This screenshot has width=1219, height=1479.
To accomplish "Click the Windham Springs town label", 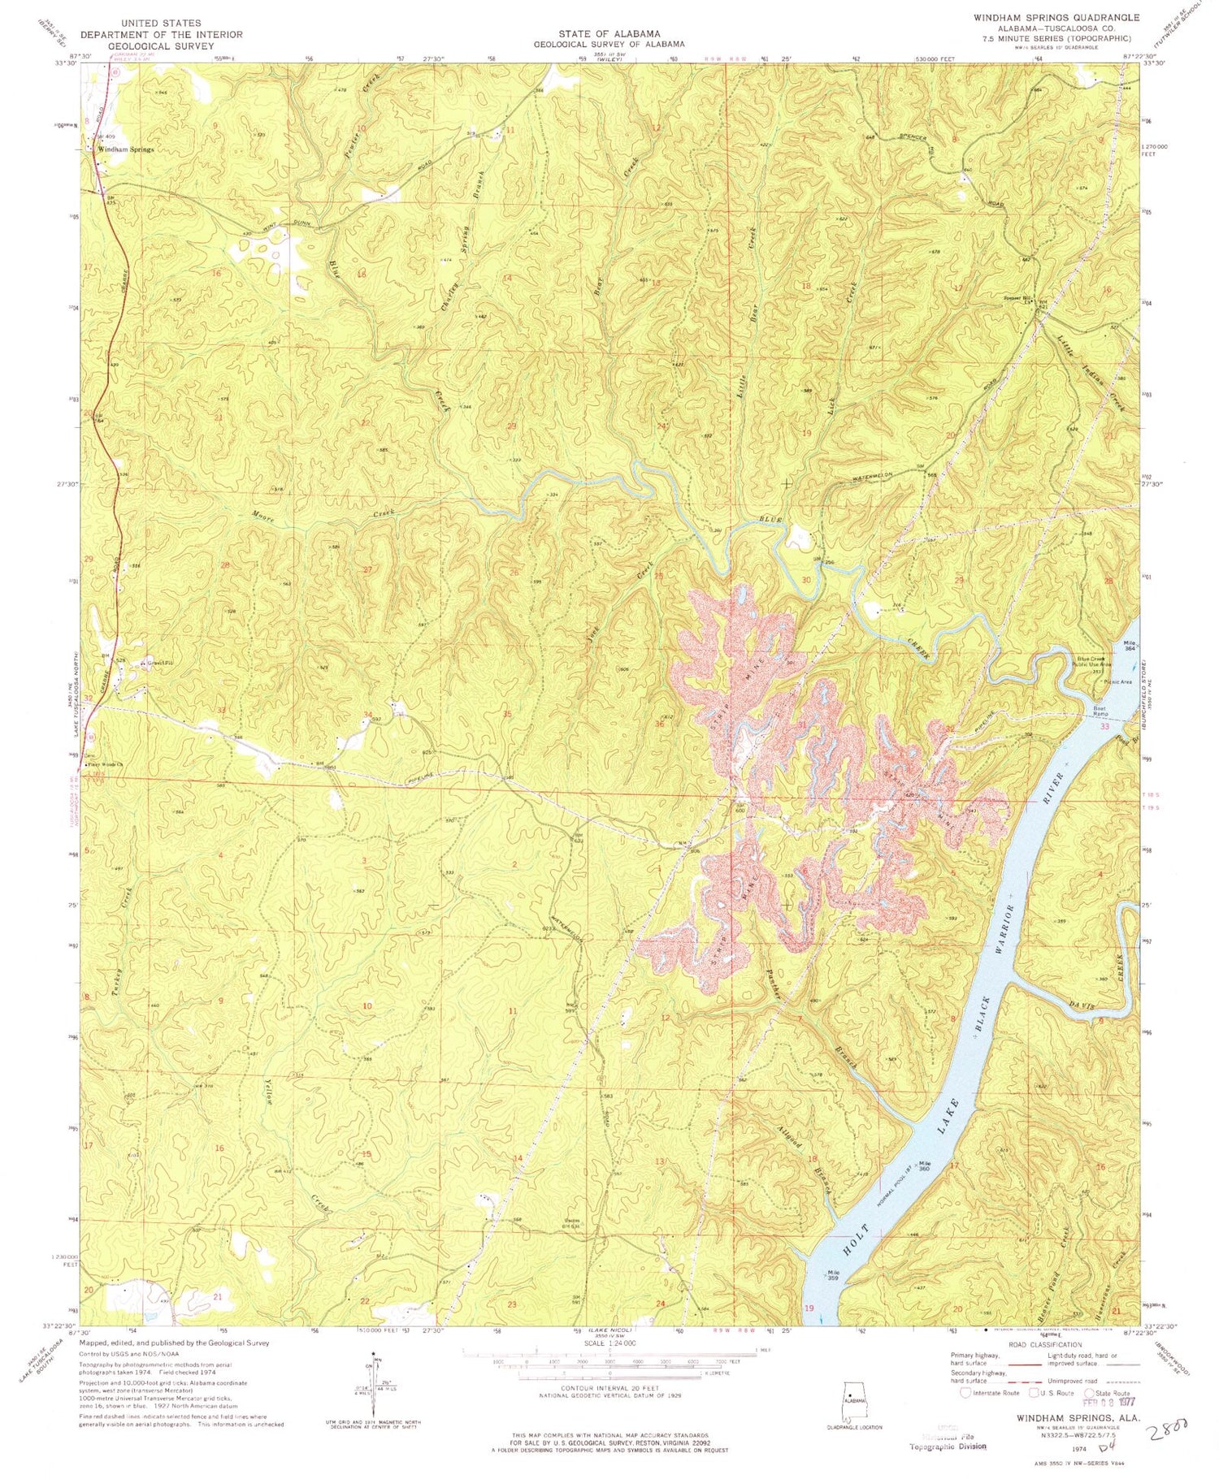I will pos(126,149).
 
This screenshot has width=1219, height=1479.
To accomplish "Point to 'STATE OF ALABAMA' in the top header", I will pos(609,33).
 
